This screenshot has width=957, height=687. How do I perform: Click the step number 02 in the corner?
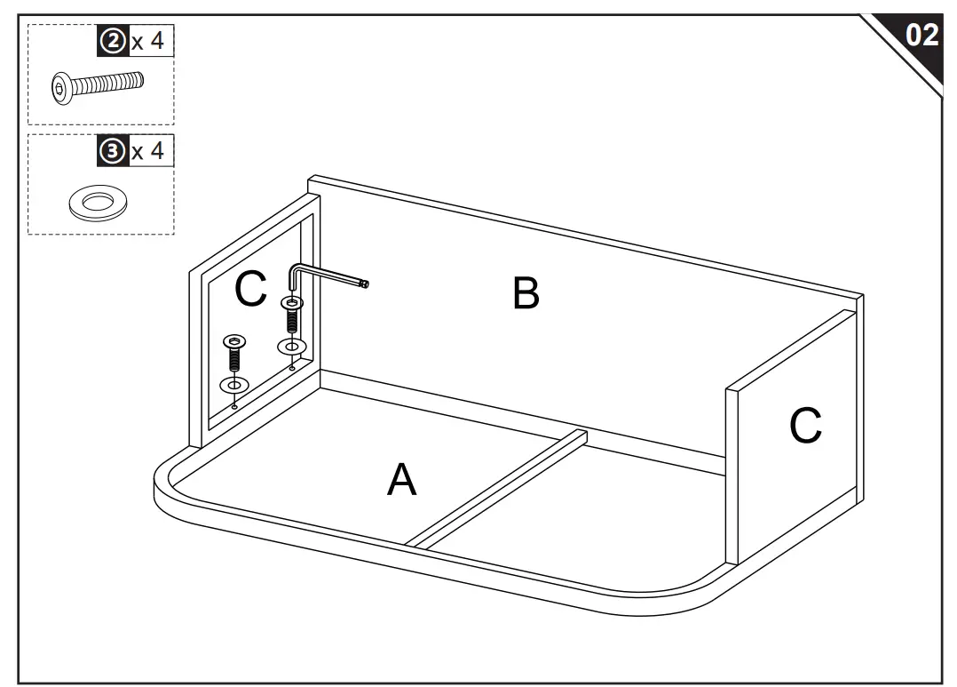tap(921, 35)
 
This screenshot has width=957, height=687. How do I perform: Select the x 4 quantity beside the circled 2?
tap(147, 42)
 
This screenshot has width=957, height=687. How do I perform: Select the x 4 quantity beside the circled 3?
tap(147, 150)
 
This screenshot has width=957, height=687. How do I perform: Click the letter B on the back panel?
tap(526, 293)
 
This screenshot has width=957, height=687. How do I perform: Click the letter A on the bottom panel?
tap(401, 480)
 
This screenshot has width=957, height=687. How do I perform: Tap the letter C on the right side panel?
tap(805, 426)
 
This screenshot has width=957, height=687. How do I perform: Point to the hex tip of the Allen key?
tap(364, 284)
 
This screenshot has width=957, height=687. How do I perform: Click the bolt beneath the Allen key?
tap(292, 314)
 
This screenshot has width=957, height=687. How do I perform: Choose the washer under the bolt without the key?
tap(233, 385)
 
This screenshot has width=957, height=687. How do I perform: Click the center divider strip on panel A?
tap(497, 489)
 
